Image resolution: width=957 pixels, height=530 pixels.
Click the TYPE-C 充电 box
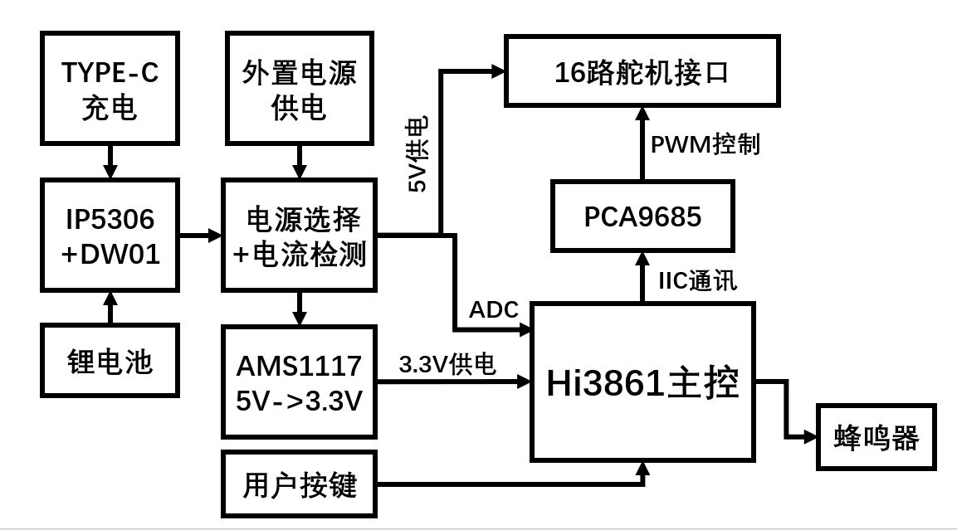coord(110,90)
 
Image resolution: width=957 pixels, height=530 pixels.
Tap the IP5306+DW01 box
coord(110,236)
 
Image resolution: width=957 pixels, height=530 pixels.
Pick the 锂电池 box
coord(110,362)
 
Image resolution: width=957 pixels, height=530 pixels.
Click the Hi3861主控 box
coord(642,382)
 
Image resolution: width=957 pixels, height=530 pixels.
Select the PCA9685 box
coord(642,216)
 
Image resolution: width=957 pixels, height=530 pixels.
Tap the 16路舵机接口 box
coord(642,71)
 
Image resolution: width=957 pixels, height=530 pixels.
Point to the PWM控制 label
coord(705,145)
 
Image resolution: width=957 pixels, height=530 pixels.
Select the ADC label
coord(494,311)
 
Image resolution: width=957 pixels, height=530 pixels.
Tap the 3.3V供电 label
coord(447,364)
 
